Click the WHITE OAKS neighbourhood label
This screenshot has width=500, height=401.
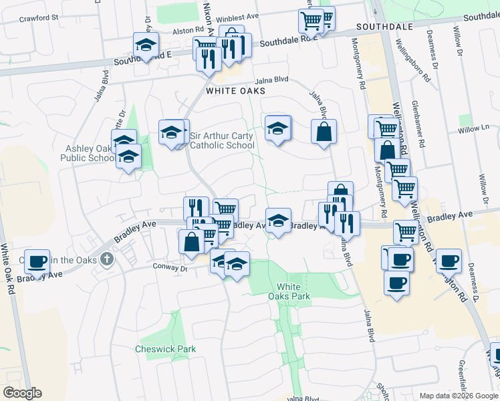point(235,90)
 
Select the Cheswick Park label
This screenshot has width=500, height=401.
point(165,349)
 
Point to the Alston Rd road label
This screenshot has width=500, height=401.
point(189,30)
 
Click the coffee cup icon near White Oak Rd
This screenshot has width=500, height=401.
point(38,261)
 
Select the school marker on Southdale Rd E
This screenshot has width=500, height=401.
point(146,45)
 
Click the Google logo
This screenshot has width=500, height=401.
point(22,393)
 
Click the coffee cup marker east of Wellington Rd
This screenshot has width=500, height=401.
point(449,260)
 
